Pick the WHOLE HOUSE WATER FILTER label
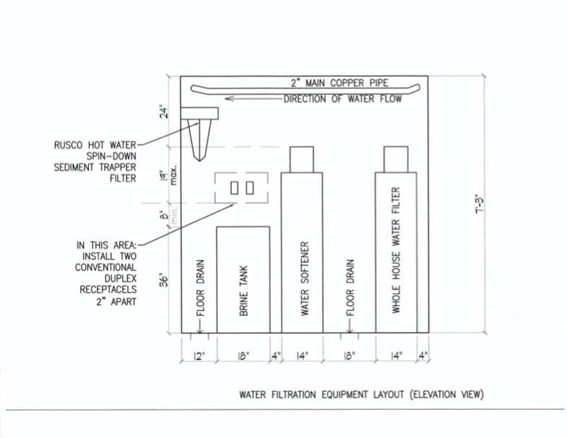396,250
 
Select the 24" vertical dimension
164,112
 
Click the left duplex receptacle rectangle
234,188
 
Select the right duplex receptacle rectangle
250,188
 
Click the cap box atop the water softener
302,159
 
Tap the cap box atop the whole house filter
396,159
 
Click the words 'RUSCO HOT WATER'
102,143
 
